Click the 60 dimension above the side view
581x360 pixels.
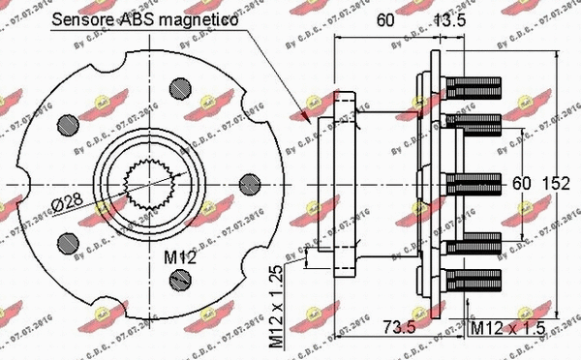pos(384,18)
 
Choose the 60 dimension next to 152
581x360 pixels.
pos(524,183)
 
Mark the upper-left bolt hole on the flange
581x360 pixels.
pos(67,123)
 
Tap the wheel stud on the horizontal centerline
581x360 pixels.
pos(473,183)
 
